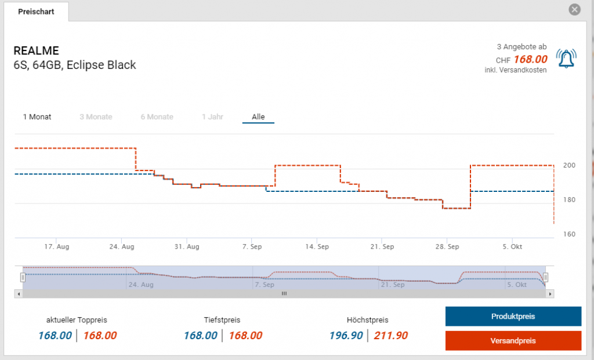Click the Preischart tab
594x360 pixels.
(36, 12)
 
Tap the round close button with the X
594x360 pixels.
(574, 9)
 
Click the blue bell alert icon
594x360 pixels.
(566, 59)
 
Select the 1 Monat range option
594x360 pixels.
(37, 117)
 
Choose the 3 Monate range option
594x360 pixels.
(96, 117)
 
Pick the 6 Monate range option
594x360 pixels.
(157, 117)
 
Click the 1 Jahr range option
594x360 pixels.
(212, 117)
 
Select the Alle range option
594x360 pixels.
(258, 117)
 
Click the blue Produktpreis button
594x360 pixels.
(513, 317)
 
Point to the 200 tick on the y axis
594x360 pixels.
(569, 165)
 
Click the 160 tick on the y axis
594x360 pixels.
(569, 234)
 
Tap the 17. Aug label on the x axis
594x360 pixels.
(57, 246)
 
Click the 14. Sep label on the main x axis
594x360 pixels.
(317, 246)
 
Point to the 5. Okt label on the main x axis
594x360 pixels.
(513, 246)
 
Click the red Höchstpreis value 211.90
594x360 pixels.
(390, 335)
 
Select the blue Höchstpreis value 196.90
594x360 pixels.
(346, 335)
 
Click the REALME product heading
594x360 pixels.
(36, 50)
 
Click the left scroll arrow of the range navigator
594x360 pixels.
(19, 294)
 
